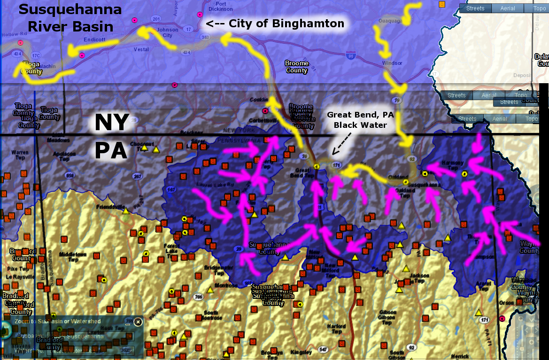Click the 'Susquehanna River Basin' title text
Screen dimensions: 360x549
[x=70, y=17]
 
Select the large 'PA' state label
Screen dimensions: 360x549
[x=112, y=151]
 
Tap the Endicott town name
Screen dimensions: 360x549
[x=94, y=40]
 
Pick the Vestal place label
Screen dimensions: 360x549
[x=141, y=49]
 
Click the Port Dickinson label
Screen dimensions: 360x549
[x=221, y=6]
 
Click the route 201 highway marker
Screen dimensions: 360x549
[x=156, y=19]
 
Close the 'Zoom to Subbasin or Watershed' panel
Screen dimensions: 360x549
[x=138, y=322]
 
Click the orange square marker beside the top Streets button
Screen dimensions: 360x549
[x=441, y=4]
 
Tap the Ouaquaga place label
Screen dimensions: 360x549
[x=391, y=21]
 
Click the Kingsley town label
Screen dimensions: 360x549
[x=301, y=352]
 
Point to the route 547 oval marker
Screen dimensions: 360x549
[x=323, y=350]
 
